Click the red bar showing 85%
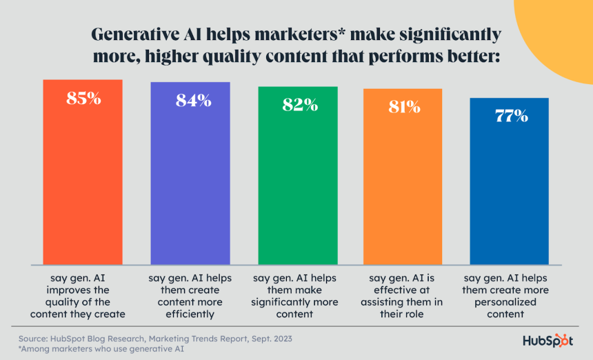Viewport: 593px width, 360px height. click(x=83, y=179)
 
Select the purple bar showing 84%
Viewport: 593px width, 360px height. click(x=190, y=179)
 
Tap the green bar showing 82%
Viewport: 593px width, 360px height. click(x=298, y=183)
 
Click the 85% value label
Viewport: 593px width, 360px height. click(x=83, y=99)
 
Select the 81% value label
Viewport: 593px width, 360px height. click(x=403, y=107)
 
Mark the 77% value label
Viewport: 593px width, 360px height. click(x=511, y=116)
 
